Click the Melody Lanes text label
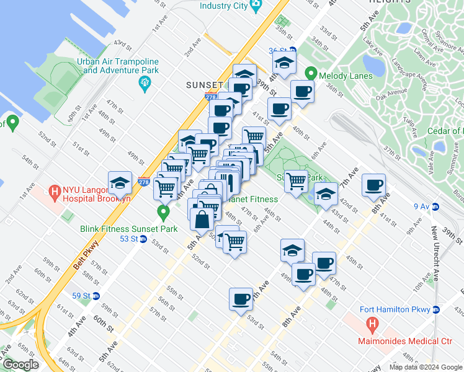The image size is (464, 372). (346, 76)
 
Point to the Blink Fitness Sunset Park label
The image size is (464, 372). (129, 229)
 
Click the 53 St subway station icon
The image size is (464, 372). (143, 239)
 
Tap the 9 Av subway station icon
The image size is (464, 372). (436, 206)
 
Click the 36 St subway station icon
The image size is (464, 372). (293, 51)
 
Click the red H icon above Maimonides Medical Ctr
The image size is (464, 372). (372, 324)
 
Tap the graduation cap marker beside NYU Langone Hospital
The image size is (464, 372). (120, 182)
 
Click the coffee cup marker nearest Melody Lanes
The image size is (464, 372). (302, 92)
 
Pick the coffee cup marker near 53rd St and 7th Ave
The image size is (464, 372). (241, 299)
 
